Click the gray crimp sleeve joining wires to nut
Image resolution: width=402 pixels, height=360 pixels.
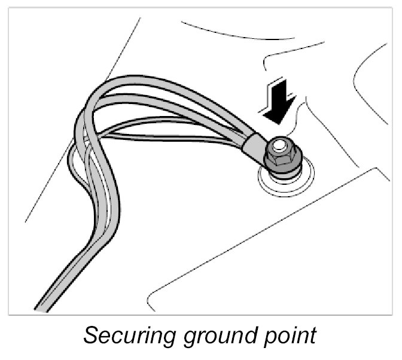click(255, 146)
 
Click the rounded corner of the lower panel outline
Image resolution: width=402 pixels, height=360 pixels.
click(153, 295)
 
